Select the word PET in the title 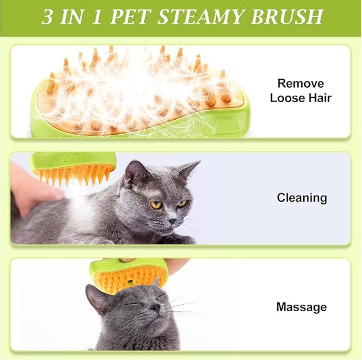(x=131, y=17)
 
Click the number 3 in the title (x=47, y=17)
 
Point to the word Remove (x=300, y=84)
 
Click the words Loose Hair (x=300, y=98)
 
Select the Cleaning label (x=301, y=198)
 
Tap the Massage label (x=301, y=307)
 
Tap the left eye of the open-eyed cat (x=156, y=204)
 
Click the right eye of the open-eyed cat (x=182, y=203)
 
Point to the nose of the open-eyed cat (x=172, y=221)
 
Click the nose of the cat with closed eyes (x=155, y=308)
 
